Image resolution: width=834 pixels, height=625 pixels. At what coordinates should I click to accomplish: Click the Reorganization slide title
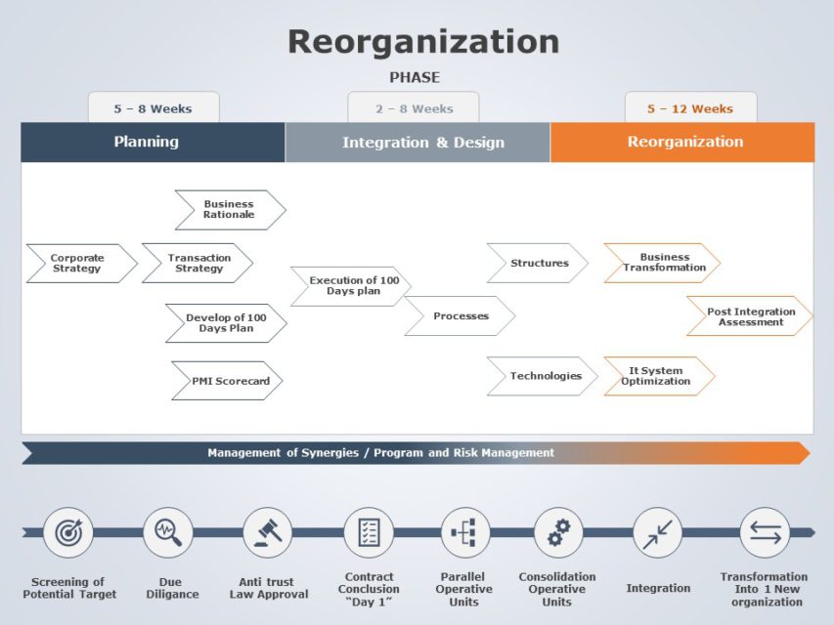422,42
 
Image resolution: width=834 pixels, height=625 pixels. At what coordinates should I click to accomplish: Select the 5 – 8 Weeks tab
154,108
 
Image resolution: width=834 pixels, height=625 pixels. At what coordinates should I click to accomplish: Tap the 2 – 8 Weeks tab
414,108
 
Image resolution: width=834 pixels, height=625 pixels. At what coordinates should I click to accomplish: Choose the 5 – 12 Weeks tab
690,108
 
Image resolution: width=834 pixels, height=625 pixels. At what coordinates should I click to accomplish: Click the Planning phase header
147,142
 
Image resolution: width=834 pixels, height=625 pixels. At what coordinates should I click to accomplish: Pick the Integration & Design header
422,143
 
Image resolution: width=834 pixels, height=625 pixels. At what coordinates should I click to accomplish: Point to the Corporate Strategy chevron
78,264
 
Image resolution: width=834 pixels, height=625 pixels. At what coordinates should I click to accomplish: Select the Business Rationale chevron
229,210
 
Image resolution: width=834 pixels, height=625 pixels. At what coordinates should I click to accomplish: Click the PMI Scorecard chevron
229,381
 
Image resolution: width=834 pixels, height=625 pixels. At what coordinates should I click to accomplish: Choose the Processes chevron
461,316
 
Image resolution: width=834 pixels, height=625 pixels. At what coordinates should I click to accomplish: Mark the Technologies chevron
545,376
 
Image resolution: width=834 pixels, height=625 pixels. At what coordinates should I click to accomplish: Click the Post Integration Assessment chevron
750,316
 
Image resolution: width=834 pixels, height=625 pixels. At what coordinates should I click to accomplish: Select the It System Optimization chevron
656,376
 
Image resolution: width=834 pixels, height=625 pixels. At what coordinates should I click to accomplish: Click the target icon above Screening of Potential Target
68,532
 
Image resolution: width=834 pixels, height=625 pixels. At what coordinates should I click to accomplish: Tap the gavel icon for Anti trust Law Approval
268,532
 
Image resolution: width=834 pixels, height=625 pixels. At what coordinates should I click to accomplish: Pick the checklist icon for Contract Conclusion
369,532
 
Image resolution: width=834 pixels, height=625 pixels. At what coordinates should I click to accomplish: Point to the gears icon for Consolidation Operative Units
558,532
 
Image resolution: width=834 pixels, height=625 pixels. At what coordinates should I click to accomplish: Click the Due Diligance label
172,588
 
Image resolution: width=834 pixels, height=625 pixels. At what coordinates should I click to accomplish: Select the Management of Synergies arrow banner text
380,453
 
